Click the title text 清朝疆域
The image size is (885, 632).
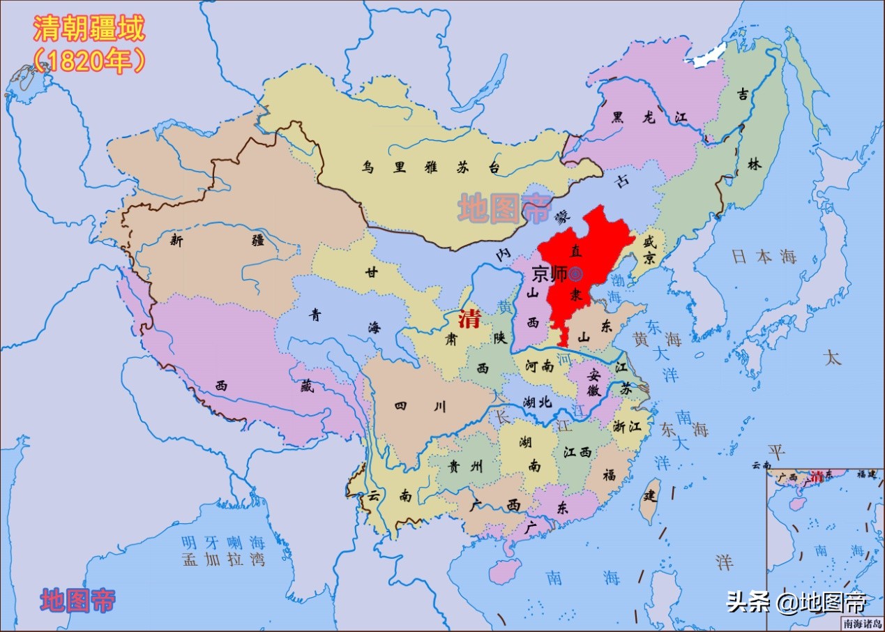[x=89, y=30]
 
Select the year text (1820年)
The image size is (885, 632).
[x=89, y=61]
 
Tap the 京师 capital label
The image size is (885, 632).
[x=550, y=274]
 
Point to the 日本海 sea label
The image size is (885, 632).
[x=764, y=257]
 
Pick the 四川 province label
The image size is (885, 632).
[x=420, y=407]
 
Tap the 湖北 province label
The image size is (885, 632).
[x=537, y=402]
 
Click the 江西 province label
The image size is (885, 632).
[x=577, y=452]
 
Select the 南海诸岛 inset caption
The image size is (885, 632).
[x=862, y=624]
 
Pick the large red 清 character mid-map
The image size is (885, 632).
[x=468, y=320]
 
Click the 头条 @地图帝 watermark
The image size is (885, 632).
[x=796, y=601]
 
